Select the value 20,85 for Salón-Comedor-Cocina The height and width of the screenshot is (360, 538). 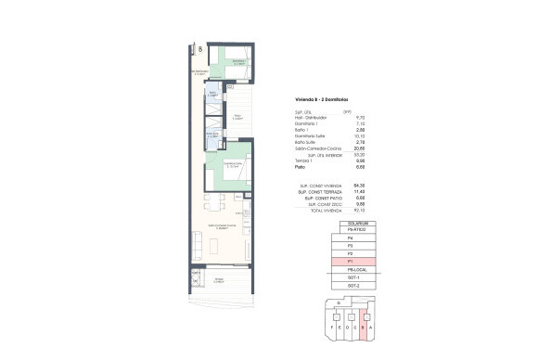click(347, 148)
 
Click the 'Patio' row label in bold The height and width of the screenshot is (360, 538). click(301, 167)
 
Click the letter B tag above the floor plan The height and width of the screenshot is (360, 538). click(199, 49)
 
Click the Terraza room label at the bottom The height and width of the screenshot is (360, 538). click(219, 279)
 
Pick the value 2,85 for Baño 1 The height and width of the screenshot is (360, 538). click(347, 129)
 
